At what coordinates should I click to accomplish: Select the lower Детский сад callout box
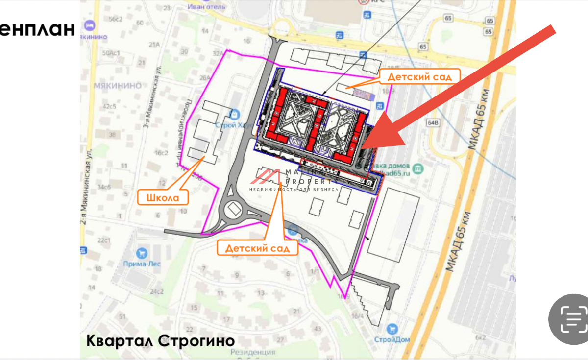pos(258,248)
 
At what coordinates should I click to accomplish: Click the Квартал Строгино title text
pos(161,340)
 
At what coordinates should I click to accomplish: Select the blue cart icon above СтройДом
pos(391,329)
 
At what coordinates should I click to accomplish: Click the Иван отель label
pos(206,6)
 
